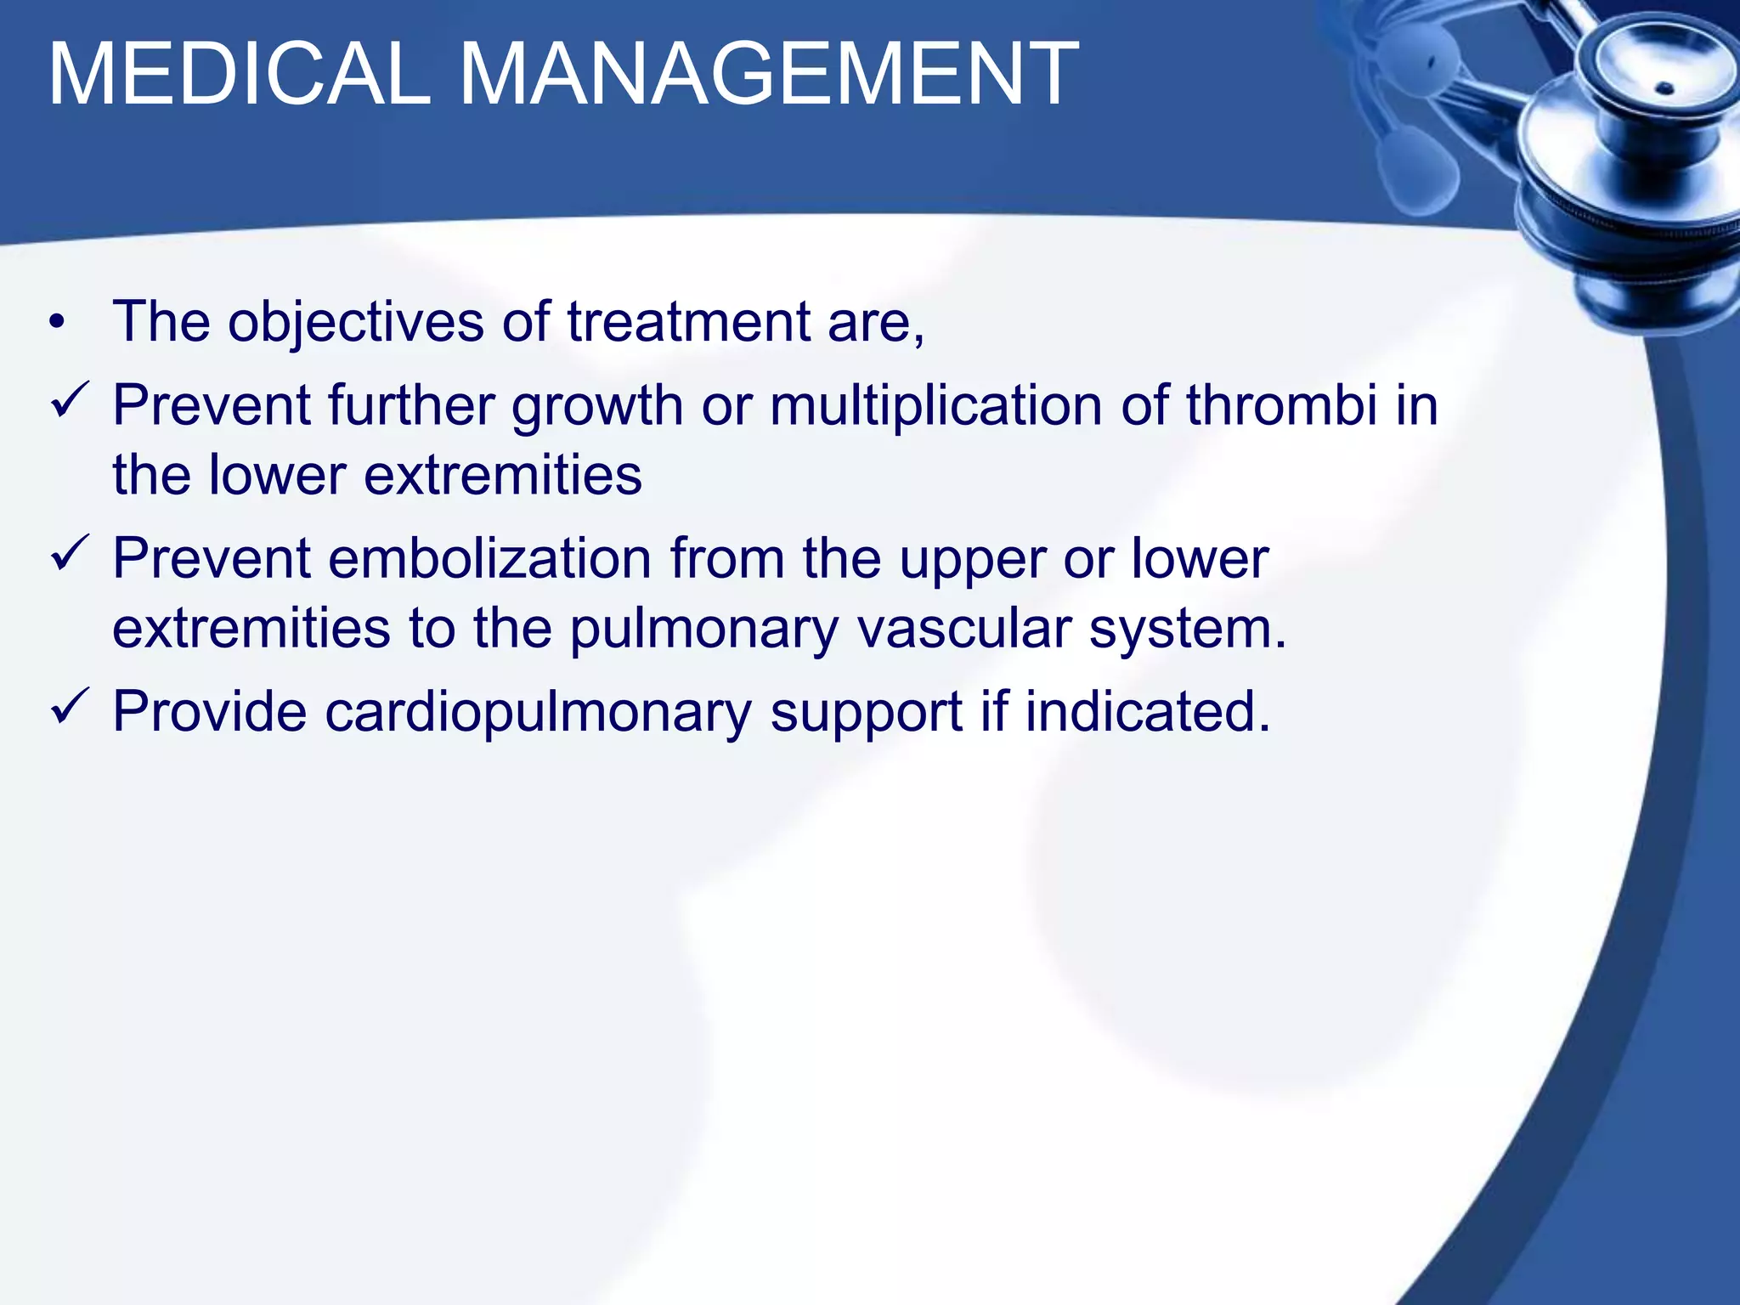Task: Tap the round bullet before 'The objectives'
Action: point(56,324)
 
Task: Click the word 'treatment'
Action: point(688,323)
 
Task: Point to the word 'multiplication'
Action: point(935,405)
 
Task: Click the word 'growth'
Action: point(596,406)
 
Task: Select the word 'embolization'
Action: point(489,559)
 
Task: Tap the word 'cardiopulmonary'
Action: point(538,712)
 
